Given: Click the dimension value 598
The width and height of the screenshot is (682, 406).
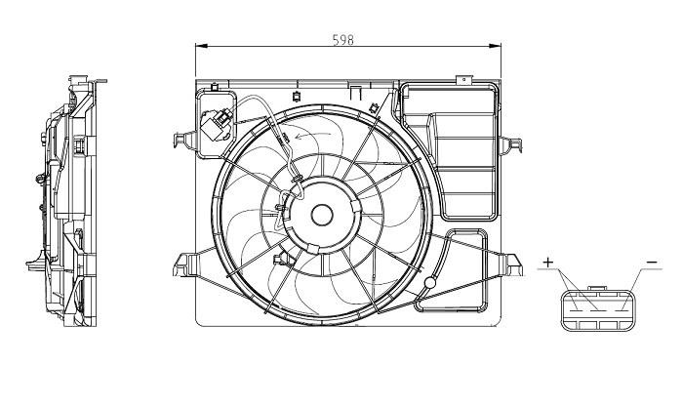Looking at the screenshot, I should pos(342,40).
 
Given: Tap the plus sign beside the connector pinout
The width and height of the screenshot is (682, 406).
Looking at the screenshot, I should pos(548,263).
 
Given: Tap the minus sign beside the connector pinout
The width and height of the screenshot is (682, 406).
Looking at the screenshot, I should pos(651,263).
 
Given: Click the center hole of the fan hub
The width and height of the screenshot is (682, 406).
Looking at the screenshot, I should pos(320,216).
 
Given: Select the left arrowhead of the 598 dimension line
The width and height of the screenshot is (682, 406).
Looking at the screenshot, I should pos(199,47).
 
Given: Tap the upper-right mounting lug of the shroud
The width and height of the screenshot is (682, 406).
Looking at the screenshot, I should pos(510,147).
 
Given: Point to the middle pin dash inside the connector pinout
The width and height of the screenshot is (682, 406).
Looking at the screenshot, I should pos(599,310).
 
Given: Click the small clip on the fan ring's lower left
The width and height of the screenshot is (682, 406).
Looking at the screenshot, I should pos(285,261).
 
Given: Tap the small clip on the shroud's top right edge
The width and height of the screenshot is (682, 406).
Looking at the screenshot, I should pos(374,105).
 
